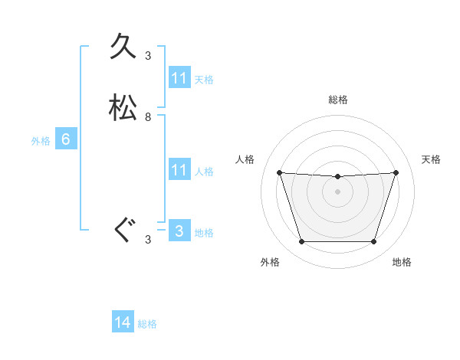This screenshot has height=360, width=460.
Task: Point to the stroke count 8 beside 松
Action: click(148, 117)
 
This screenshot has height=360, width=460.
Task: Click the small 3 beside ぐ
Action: click(148, 240)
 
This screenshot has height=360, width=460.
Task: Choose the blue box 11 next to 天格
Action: click(179, 78)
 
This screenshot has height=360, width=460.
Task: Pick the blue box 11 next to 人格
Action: click(179, 170)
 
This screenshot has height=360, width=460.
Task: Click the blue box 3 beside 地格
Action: click(179, 231)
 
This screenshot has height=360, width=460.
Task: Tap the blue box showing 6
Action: click(66, 139)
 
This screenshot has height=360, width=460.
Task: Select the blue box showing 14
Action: click(123, 322)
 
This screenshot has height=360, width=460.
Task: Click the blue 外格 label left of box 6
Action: click(41, 141)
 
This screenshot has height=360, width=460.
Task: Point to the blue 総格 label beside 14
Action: click(147, 324)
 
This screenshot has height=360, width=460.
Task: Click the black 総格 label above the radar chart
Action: click(338, 100)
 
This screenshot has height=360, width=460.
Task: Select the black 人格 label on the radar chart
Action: click(245, 159)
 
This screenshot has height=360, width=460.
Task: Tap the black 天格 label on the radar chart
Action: click(432, 159)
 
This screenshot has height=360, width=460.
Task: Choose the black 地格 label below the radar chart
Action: click(402, 262)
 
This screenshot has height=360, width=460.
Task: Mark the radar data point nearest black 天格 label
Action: click(396, 172)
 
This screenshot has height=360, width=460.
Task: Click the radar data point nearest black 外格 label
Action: click(301, 242)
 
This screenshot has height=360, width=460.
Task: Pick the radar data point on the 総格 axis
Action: click(338, 177)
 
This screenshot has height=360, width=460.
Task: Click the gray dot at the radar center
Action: click(338, 191)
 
